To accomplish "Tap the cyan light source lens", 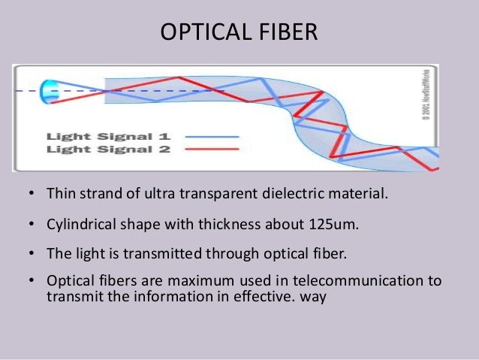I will [49, 91].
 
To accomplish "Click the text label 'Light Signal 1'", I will [109, 137].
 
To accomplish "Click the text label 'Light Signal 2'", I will [109, 149].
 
